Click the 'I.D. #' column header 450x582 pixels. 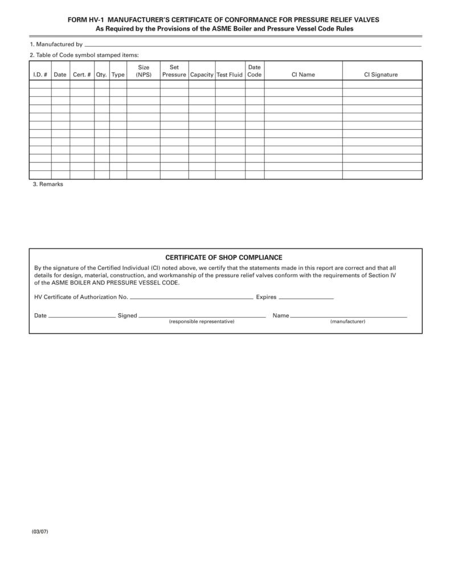[40, 75]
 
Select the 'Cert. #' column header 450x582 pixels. [82, 75]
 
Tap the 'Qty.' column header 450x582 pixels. [101, 75]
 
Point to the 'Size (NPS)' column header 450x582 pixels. [144, 71]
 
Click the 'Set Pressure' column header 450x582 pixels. [174, 71]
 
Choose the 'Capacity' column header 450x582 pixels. [202, 75]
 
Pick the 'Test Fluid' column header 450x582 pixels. [230, 75]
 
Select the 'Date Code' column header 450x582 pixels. [255, 71]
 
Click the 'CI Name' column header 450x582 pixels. [303, 75]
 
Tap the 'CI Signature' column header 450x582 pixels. [381, 75]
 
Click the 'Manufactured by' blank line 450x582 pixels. [253, 45]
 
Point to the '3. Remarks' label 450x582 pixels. [48, 185]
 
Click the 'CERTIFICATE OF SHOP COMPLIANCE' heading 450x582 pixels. [224, 257]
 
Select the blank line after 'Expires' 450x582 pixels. [306, 298]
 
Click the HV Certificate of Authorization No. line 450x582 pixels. [191, 298]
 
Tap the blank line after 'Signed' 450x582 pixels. [202, 316]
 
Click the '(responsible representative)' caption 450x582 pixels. [202, 322]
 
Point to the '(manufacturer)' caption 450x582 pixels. [347, 322]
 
